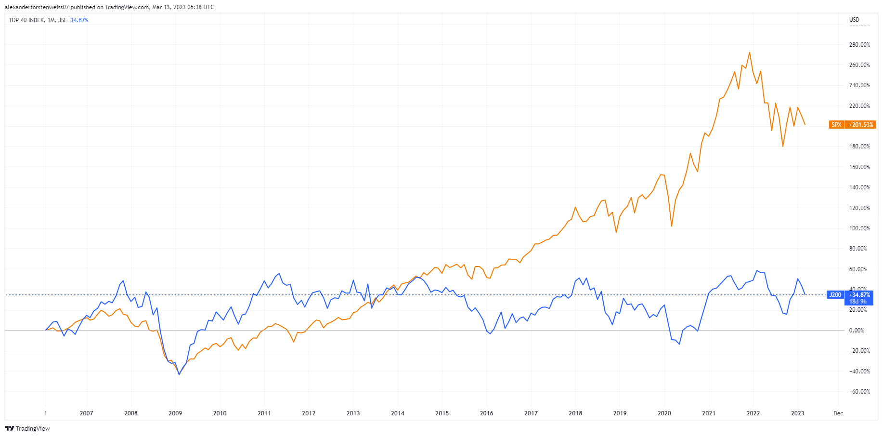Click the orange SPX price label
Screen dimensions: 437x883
point(836,125)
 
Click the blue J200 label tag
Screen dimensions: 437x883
point(835,295)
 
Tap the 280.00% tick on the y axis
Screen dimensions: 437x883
point(859,45)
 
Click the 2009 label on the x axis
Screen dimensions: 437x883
point(175,413)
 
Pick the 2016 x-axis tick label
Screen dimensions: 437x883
point(486,413)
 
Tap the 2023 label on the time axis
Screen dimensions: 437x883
point(797,413)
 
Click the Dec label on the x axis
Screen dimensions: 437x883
point(838,413)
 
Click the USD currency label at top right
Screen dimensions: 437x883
point(854,20)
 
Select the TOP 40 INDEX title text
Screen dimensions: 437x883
point(26,20)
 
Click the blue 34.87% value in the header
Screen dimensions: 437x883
point(79,20)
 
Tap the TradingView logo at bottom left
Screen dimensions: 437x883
point(27,428)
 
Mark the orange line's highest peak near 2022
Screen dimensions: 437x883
point(750,53)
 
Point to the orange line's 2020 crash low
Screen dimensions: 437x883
point(672,226)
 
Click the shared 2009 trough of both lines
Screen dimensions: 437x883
point(179,374)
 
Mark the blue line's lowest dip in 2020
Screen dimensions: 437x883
point(679,344)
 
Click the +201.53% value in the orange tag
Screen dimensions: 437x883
point(861,125)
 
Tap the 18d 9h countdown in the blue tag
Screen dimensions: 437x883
point(858,302)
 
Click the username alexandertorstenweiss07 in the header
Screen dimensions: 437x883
point(37,7)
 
